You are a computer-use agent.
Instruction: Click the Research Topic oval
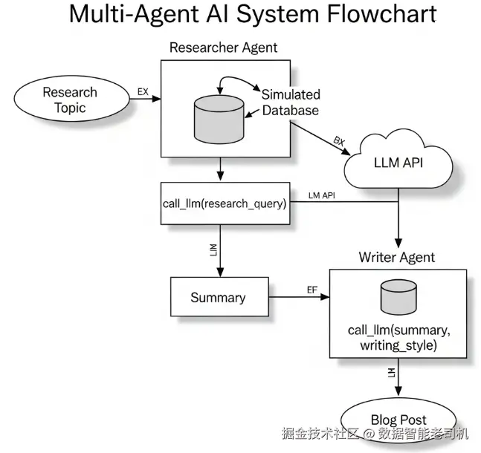pos(70,100)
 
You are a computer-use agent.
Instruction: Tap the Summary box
pos(218,298)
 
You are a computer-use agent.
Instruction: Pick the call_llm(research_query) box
pos(224,201)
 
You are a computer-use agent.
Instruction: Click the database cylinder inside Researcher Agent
pos(219,119)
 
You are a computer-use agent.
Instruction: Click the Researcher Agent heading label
pos(223,48)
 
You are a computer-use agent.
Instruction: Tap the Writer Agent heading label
pos(397,258)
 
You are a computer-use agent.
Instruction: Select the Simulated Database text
pos(290,102)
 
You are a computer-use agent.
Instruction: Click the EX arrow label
pos(143,91)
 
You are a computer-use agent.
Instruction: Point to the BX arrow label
pos(339,140)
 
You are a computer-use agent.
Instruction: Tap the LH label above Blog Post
pos(392,372)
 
